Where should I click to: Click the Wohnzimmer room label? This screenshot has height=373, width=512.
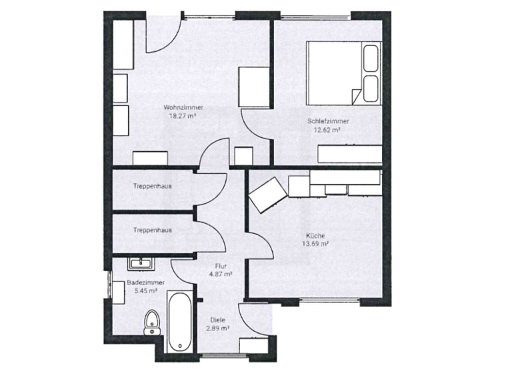click(x=183, y=107)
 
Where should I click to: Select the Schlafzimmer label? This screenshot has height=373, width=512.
click(x=329, y=122)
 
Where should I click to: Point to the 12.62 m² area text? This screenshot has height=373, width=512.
click(x=327, y=131)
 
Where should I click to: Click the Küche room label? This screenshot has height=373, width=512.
click(x=316, y=236)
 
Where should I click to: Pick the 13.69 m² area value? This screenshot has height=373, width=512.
click(x=316, y=244)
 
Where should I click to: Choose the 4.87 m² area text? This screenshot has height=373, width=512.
click(x=221, y=274)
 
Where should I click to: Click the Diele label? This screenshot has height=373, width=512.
click(x=218, y=320)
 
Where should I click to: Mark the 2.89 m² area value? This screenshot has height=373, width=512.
click(x=218, y=328)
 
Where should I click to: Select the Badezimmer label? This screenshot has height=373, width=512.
click(x=141, y=282)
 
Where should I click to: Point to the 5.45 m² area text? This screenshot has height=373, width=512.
click(x=141, y=291)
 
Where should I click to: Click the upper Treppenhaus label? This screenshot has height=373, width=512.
click(x=152, y=186)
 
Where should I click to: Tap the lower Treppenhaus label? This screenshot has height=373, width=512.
click(x=152, y=230)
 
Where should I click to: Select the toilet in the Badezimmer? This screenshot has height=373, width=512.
click(x=151, y=322)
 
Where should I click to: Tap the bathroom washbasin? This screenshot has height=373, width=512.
click(x=141, y=264)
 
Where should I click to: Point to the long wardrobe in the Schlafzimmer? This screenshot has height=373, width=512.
click(x=351, y=154)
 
